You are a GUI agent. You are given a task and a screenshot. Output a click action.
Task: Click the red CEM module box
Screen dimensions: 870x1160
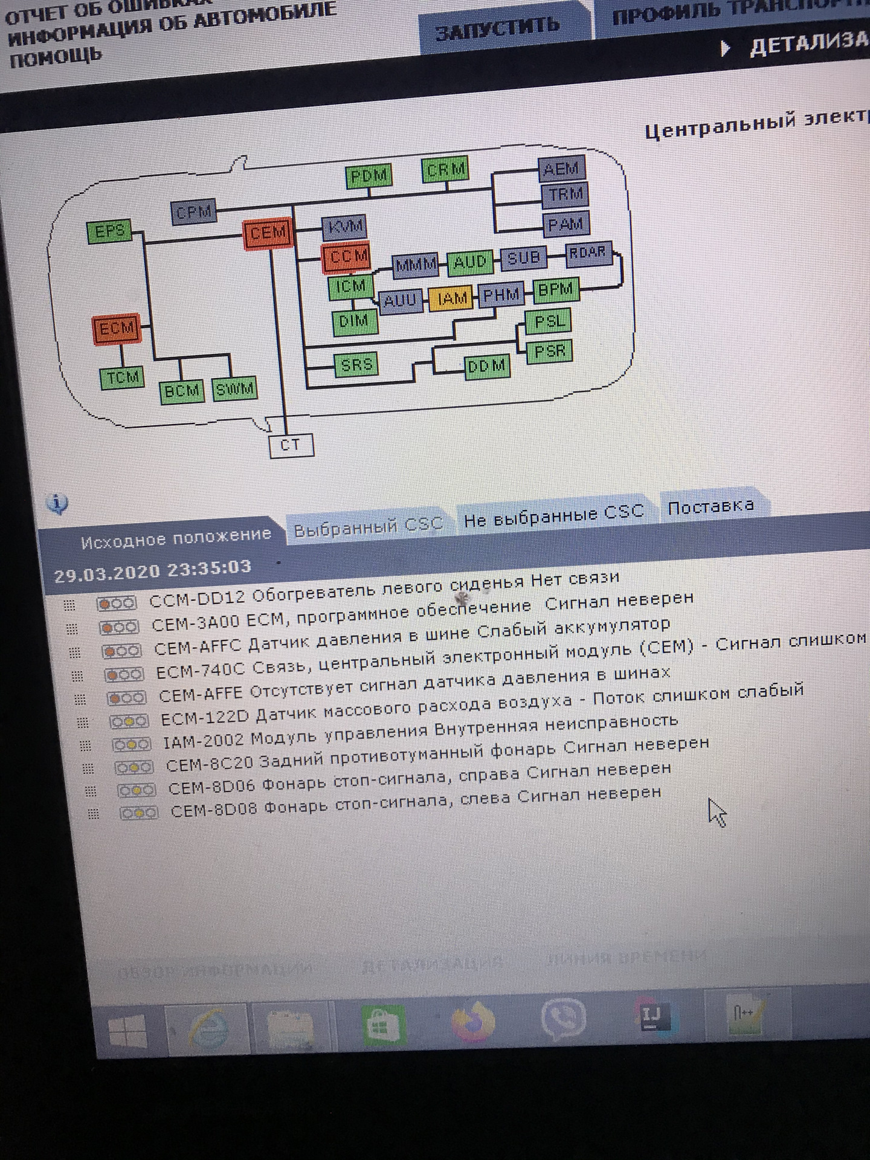point(268,233)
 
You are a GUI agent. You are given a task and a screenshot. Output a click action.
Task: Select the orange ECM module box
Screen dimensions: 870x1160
point(117,329)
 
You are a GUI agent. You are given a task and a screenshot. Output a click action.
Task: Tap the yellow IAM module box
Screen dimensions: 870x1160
point(451,298)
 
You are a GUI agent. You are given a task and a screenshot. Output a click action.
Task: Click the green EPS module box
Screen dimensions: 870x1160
point(109,232)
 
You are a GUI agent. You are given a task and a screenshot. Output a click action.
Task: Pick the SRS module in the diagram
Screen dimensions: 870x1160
point(356,364)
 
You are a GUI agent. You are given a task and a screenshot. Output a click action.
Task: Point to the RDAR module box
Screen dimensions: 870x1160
point(587,253)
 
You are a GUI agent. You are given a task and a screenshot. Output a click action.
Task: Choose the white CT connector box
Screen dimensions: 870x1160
point(291,445)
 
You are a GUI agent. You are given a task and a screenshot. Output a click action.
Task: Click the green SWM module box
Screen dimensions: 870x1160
point(234,390)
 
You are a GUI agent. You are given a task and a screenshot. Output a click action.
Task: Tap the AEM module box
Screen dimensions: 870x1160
point(561,170)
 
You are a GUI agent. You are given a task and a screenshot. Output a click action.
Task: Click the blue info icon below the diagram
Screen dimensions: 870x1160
point(57,503)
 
